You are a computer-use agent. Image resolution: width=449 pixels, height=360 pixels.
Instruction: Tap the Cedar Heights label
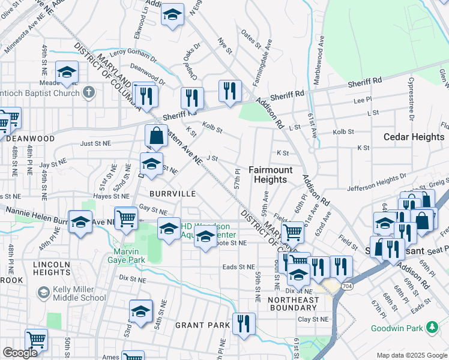coord(414,137)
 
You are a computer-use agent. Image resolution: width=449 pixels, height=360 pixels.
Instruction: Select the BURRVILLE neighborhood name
coord(173,194)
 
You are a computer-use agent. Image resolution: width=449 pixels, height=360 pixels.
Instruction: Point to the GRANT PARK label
coord(203,325)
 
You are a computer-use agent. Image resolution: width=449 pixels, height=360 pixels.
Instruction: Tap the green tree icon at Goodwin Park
coord(430,327)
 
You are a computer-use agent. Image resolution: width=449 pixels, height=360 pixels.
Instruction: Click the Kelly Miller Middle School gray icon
coord(43,292)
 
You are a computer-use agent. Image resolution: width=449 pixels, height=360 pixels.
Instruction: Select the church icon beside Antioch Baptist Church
coord(89,92)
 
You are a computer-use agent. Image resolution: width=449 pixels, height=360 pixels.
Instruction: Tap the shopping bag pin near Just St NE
coord(156,136)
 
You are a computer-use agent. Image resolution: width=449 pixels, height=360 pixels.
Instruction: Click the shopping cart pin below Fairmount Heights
coord(292,231)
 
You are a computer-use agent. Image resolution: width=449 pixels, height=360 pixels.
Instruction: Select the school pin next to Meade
coord(67,73)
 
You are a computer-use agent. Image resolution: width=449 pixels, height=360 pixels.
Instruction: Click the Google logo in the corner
coord(20,353)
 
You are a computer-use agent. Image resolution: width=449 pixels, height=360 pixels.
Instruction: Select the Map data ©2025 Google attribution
coord(411,355)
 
